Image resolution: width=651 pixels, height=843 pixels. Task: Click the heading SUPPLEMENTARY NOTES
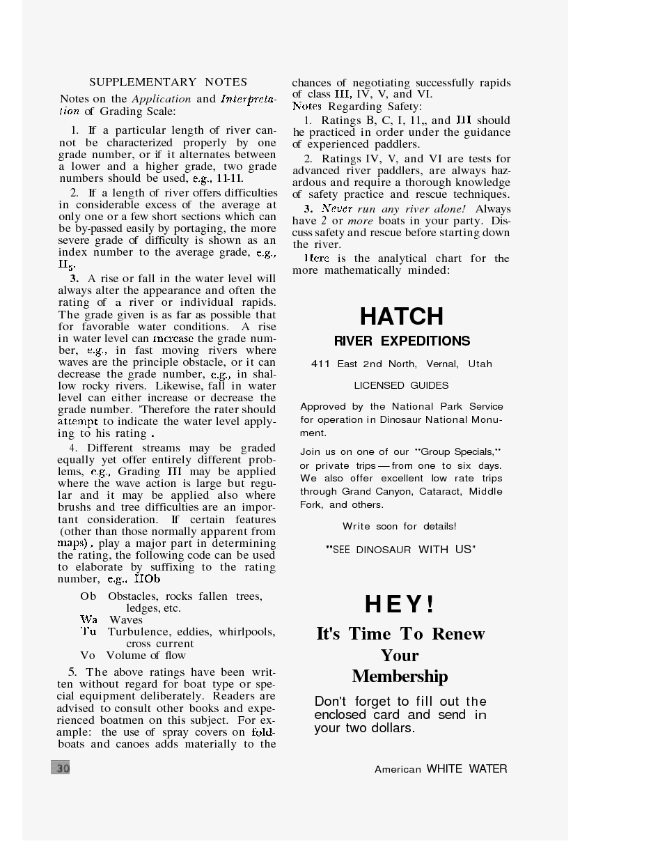(168, 82)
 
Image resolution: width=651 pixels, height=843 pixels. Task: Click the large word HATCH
(402, 317)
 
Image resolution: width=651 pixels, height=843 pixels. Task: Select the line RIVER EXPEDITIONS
(402, 341)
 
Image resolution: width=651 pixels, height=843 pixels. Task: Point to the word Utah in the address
(480, 364)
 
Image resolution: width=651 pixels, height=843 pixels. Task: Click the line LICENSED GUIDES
(401, 385)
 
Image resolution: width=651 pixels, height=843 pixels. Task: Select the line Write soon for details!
(399, 526)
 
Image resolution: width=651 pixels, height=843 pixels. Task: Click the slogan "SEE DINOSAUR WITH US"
(400, 550)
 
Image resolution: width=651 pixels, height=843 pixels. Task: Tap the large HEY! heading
(400, 604)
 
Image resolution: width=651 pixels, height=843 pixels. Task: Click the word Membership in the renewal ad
(400, 676)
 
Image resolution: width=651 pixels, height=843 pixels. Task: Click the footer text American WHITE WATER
(441, 769)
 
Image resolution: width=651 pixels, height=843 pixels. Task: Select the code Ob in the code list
(88, 596)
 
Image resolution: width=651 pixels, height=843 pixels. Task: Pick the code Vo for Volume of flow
(88, 656)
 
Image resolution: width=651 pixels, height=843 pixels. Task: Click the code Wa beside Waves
(88, 620)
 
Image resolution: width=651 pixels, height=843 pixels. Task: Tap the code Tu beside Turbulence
(88, 632)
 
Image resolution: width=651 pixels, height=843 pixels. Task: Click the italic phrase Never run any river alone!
(393, 209)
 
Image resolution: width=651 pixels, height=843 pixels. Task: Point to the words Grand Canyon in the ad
(376, 491)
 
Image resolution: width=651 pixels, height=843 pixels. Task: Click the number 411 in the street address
(320, 364)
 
